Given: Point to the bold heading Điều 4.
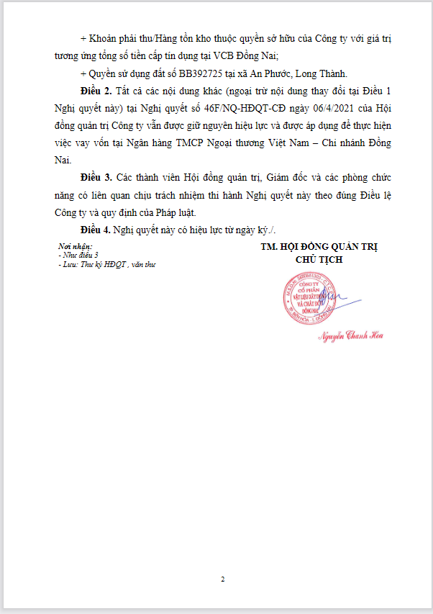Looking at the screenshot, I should tap(96, 230).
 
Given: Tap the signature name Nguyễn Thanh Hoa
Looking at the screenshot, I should tap(351, 336).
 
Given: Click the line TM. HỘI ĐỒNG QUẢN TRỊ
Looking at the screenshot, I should tap(319, 247).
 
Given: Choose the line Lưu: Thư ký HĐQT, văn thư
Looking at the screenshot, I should tap(108, 264).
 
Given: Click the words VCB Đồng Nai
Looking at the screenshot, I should tap(251, 56).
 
